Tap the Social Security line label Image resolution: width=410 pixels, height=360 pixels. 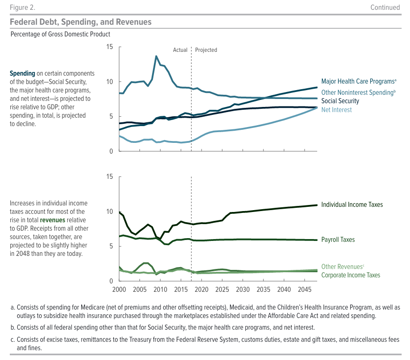[340, 101]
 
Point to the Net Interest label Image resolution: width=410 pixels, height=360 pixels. [336, 110]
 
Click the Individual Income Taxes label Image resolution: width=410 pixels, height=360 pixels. [352, 205]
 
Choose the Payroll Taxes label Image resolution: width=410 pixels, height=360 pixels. [338, 240]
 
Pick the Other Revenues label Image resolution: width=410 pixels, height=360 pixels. [342, 267]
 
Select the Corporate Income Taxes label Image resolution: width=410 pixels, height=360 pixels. [351, 275]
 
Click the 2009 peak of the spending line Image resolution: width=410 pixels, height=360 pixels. [156, 56]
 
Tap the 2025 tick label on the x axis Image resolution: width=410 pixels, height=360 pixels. [222, 289]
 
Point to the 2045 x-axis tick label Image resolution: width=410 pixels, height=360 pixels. [305, 289]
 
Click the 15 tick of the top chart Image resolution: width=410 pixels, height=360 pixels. [110, 47]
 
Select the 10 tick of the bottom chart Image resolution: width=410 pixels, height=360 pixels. [110, 212]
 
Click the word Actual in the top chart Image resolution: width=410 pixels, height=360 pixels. [180, 50]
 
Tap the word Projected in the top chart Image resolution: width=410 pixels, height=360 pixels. [206, 50]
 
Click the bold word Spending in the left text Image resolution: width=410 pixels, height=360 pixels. [22, 74]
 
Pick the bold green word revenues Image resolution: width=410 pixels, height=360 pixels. [53, 220]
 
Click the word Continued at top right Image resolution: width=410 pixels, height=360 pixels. [385, 7]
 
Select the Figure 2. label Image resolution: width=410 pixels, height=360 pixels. [22, 7]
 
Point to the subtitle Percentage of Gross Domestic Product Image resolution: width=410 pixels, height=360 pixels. [60, 34]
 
